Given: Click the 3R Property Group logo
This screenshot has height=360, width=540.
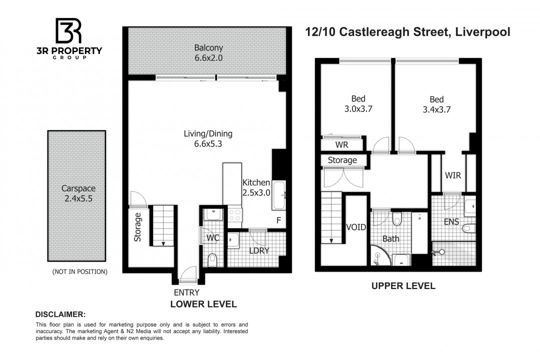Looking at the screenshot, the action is click(69, 38).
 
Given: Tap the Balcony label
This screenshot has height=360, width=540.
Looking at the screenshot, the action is click(208, 47).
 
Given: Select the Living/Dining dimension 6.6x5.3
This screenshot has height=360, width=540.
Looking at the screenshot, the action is click(208, 143).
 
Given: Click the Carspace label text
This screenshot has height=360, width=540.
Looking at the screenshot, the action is click(78, 188).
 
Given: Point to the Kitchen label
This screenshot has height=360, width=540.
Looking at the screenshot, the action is click(256, 182).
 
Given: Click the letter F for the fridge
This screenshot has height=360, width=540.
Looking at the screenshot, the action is click(278, 220).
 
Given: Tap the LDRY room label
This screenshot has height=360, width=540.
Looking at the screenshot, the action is click(259, 251).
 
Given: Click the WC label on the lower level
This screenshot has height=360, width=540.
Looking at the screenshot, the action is click(213, 237).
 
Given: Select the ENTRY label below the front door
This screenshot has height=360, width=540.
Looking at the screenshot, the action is click(186, 292).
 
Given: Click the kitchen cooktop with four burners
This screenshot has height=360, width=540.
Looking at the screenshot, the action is click(235, 215).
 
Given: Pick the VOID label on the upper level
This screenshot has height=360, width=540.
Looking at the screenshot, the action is click(356, 227).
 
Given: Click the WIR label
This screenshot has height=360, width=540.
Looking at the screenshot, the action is click(453, 175).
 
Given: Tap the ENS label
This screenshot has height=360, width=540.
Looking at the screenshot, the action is click(451, 221).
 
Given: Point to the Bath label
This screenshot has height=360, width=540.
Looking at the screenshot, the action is click(391, 238).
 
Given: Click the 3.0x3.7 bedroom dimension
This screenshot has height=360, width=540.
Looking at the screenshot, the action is click(358, 109).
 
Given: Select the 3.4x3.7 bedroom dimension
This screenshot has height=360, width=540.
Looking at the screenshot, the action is click(436, 109).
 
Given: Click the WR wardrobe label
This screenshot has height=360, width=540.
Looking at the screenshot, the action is click(342, 144).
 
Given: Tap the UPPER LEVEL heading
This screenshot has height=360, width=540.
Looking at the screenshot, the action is click(403, 286).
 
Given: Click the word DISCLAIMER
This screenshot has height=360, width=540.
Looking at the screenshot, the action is click(60, 314).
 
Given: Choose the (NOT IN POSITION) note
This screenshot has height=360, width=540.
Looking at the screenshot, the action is click(80, 272).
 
